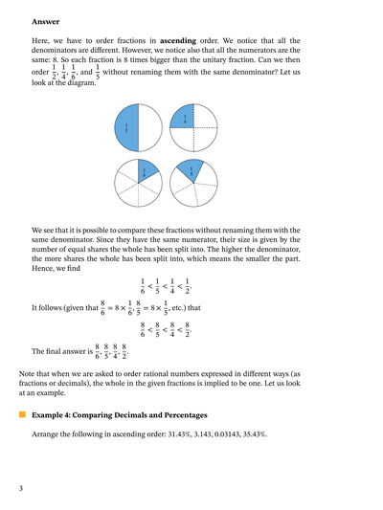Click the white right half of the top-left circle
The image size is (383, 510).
[x=150, y=127]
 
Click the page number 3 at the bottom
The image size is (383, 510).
[x=20, y=489]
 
